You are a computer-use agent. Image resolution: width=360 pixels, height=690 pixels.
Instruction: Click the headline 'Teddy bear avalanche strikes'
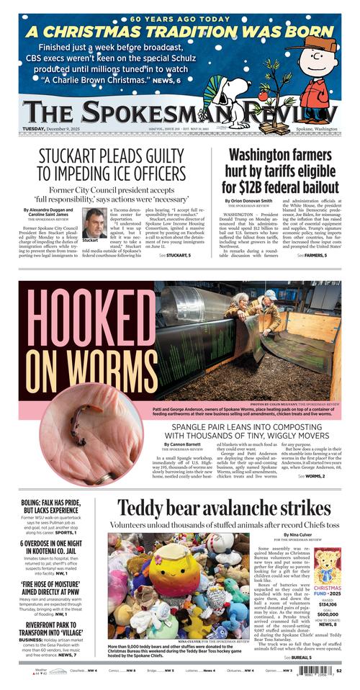(x=224, y=508)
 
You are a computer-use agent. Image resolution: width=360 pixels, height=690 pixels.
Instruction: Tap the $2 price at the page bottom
(x=338, y=670)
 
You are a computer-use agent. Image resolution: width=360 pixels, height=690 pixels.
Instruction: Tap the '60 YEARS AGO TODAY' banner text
(x=180, y=19)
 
